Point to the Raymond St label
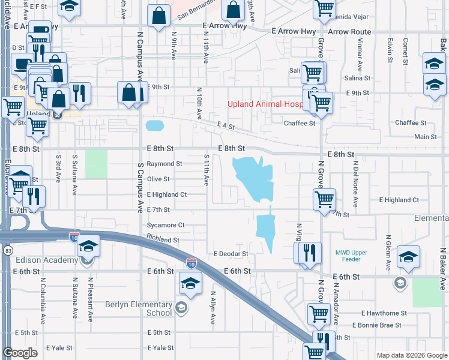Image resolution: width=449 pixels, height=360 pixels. click(x=164, y=164)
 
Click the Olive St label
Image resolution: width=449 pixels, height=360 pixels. click(x=158, y=179)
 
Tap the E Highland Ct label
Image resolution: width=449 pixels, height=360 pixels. click(x=167, y=194)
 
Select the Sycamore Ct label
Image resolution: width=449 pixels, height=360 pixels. click(x=166, y=225)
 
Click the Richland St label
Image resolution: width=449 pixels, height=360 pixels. click(x=163, y=240)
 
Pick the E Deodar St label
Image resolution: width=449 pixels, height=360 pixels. click(x=231, y=254)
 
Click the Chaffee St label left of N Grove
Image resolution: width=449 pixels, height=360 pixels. click(x=300, y=124)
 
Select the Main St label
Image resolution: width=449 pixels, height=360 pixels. click(x=426, y=137)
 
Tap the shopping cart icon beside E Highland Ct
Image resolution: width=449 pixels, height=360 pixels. click(x=324, y=199)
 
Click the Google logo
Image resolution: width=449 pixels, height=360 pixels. click(x=20, y=352)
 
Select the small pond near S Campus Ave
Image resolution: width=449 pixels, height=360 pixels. click(x=154, y=125)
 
